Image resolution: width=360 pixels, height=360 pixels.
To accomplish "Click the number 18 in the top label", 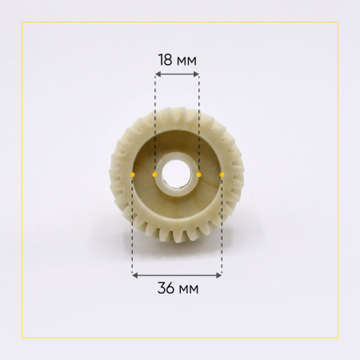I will [x=166, y=59].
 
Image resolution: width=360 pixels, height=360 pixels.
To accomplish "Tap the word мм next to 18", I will [x=186, y=59].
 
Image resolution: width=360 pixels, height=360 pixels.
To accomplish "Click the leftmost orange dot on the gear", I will [x=133, y=174].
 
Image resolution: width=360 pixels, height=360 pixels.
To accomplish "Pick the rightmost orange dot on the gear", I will [x=222, y=174].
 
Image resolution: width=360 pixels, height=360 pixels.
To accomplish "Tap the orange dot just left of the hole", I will [x=154, y=174].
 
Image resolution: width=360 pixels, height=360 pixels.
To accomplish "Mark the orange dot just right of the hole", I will [x=198, y=174].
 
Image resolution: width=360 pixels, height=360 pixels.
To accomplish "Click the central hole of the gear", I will [x=177, y=174].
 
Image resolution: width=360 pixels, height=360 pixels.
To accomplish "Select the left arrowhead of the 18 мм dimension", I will [x=157, y=74].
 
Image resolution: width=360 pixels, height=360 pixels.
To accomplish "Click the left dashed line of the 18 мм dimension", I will [x=154, y=120].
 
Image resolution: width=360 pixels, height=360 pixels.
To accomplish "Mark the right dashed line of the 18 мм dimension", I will [x=198, y=120].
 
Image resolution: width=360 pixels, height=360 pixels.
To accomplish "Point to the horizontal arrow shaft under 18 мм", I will [x=177, y=74].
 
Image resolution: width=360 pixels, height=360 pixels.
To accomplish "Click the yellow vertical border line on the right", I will [x=338, y=180].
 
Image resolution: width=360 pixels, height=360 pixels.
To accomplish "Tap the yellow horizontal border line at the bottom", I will [x=180, y=338].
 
